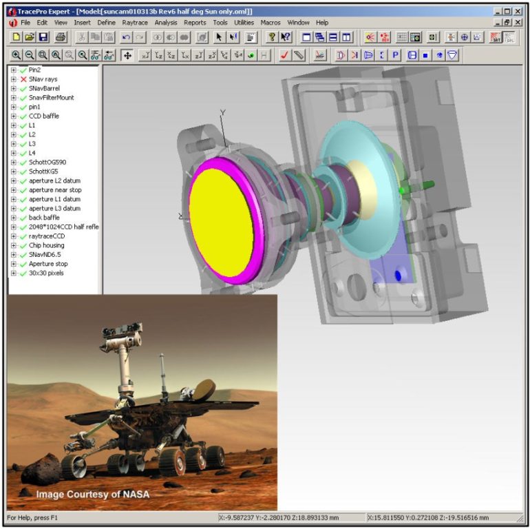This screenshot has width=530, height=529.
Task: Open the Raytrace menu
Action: click(135, 23)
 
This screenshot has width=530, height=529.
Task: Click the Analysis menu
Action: click(166, 23)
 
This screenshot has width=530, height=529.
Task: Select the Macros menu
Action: click(271, 23)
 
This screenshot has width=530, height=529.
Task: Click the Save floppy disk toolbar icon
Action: click(43, 37)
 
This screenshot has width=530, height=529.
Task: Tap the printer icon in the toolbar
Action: click(61, 37)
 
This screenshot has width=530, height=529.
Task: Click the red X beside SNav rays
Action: click(23, 79)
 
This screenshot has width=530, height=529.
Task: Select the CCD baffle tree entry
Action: click(43, 116)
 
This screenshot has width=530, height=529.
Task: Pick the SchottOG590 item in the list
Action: click(47, 163)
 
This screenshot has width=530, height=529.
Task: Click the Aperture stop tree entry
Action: click(48, 264)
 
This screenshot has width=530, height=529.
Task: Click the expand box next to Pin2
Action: click(13, 70)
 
